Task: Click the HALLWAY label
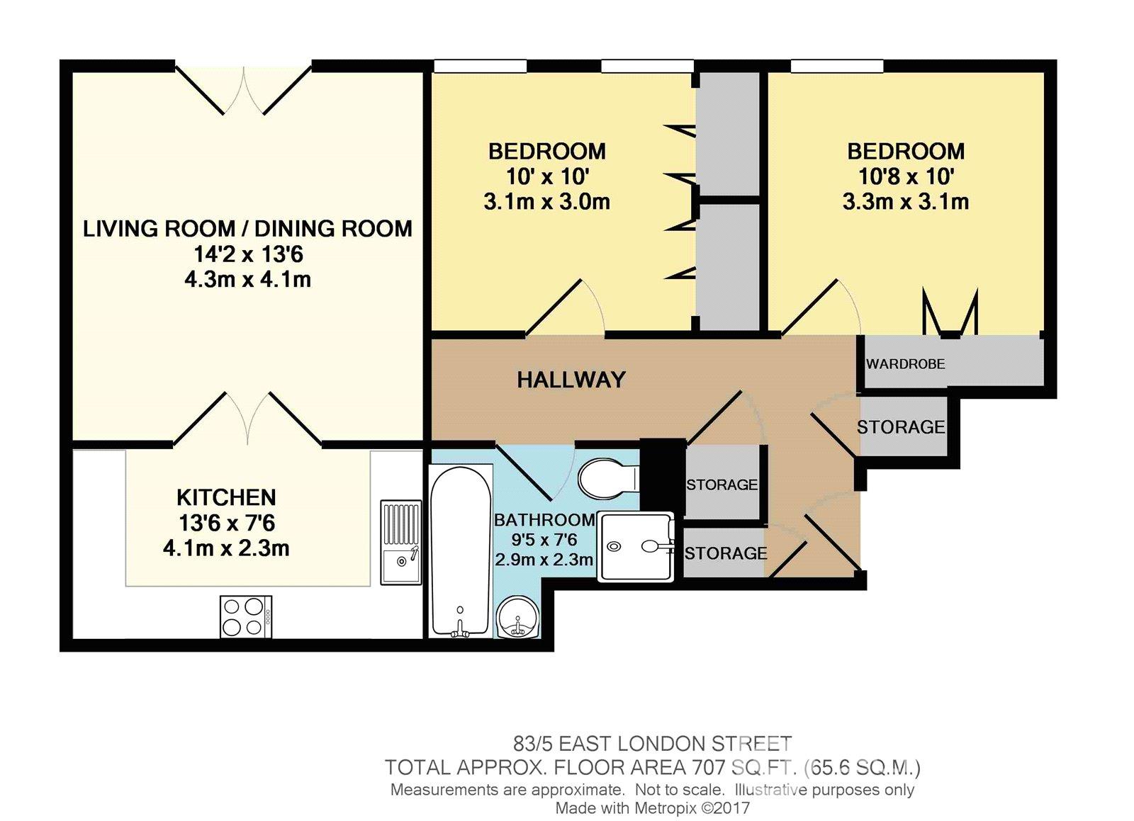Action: pos(571,380)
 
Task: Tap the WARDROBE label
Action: pos(905,364)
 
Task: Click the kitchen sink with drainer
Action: pos(400,542)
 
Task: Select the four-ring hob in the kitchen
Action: pos(246,616)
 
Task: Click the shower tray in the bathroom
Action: pos(636,546)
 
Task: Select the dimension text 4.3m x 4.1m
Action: pos(247,279)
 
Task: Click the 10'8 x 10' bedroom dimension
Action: pos(905,176)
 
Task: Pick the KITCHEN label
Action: pos(226,497)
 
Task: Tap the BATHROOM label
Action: pos(544,520)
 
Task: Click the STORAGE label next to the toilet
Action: pos(722,485)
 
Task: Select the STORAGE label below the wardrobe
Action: pos(900,427)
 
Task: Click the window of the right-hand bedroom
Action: pos(836,66)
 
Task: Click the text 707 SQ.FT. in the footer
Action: pos(743,767)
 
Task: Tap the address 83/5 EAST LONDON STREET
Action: pos(652,744)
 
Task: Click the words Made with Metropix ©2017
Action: pos(652,808)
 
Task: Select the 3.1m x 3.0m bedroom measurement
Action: pos(546,202)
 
